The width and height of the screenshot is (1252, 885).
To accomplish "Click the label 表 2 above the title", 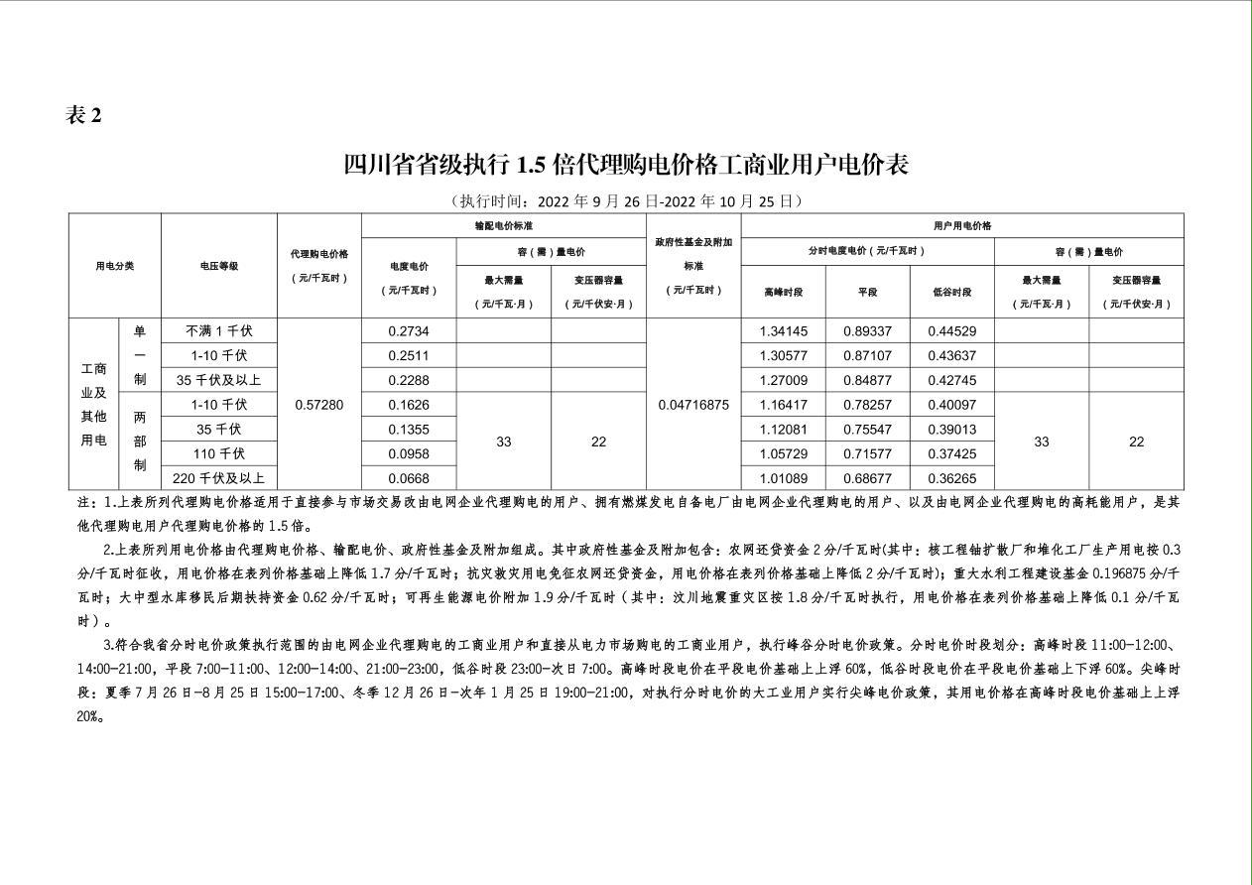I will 83,115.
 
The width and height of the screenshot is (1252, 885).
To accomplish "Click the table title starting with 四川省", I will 626,164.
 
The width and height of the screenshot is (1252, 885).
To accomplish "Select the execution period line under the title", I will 625,200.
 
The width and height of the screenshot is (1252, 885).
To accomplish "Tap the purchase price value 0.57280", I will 319,405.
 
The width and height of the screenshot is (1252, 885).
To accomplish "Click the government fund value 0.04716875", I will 693,405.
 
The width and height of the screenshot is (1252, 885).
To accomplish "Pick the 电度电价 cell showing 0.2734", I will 408,330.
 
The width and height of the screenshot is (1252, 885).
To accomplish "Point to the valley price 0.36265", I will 951,478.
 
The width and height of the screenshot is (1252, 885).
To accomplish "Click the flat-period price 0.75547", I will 867,430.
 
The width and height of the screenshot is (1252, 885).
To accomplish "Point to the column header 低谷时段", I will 951,292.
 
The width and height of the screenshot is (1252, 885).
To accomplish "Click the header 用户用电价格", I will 961,225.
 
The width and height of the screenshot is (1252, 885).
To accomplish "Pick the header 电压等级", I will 219,266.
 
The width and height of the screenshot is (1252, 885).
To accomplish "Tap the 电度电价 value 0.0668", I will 408,478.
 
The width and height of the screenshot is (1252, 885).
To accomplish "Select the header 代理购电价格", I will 319,254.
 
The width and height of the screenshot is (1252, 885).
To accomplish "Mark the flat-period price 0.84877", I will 867,380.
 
